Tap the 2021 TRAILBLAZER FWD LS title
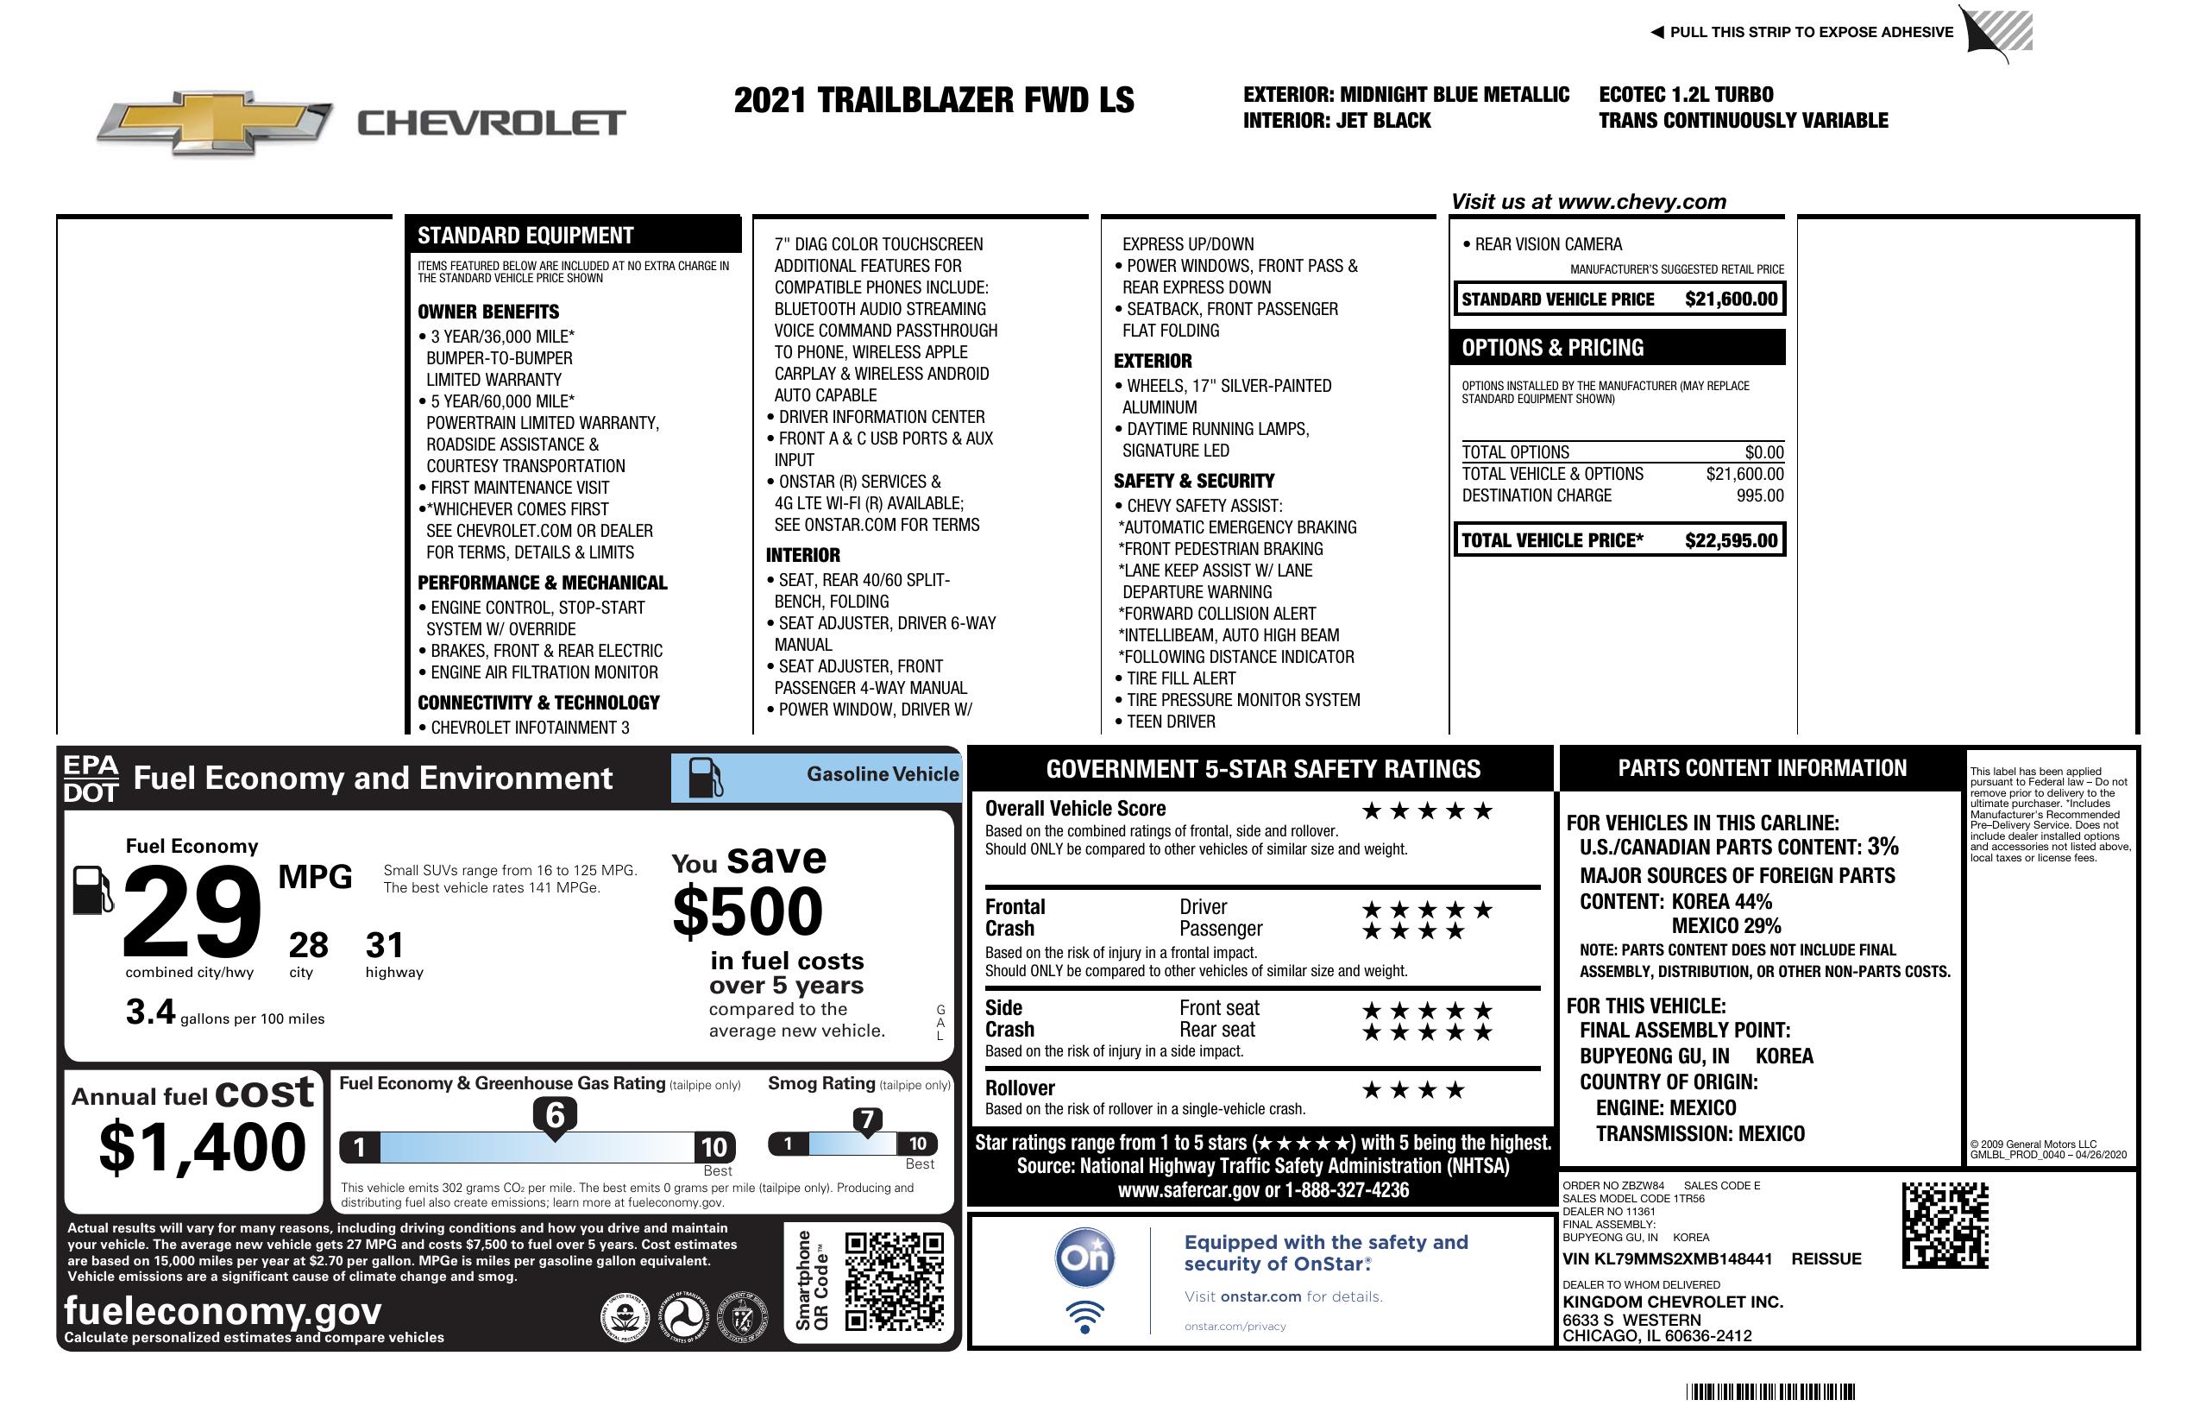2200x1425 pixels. point(933,101)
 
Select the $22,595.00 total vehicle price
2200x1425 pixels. point(1731,541)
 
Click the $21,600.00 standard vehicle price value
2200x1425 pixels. point(1731,300)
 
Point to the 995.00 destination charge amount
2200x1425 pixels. point(1759,495)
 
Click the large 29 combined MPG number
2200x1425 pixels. point(192,911)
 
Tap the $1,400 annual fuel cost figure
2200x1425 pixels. point(203,1148)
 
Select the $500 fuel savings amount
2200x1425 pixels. point(748,911)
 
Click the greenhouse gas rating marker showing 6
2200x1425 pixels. point(555,1116)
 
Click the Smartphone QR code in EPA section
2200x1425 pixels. point(894,1281)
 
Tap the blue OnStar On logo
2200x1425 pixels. point(1084,1258)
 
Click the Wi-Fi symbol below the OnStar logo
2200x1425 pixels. point(1084,1317)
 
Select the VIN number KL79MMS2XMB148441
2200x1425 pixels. point(1667,1259)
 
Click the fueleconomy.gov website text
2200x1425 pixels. point(223,1311)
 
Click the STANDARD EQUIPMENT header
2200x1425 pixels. point(525,236)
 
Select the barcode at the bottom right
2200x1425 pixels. point(1769,1391)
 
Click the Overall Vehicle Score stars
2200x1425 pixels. point(1426,812)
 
